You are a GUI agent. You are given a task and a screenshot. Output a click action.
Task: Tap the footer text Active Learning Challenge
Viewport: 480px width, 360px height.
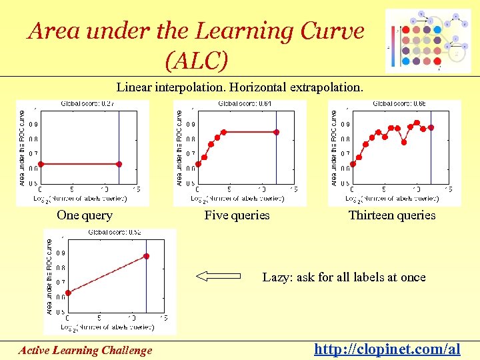(85, 350)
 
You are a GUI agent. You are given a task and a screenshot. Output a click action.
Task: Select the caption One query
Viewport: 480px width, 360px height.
(85, 215)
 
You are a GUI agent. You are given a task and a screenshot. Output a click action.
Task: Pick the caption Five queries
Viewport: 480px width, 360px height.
(237, 215)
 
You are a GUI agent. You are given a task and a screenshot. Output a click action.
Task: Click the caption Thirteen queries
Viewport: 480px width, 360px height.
(392, 215)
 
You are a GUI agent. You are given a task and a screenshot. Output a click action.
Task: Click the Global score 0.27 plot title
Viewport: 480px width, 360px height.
(87, 104)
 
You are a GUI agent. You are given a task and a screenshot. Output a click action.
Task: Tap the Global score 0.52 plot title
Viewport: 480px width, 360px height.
(114, 233)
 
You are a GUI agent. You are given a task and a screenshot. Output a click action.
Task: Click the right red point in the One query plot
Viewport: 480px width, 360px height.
(119, 164)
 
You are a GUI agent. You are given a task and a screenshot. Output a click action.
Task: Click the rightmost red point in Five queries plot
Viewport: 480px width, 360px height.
(277, 132)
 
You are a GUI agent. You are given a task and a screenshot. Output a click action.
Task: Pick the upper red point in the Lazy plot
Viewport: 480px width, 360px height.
(146, 256)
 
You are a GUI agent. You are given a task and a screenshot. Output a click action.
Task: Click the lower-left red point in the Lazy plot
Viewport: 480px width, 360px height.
(67, 292)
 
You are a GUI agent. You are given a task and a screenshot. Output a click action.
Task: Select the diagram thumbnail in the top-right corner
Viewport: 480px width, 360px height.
(432, 41)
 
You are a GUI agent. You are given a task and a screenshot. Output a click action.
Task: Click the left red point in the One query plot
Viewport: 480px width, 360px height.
(40, 164)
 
